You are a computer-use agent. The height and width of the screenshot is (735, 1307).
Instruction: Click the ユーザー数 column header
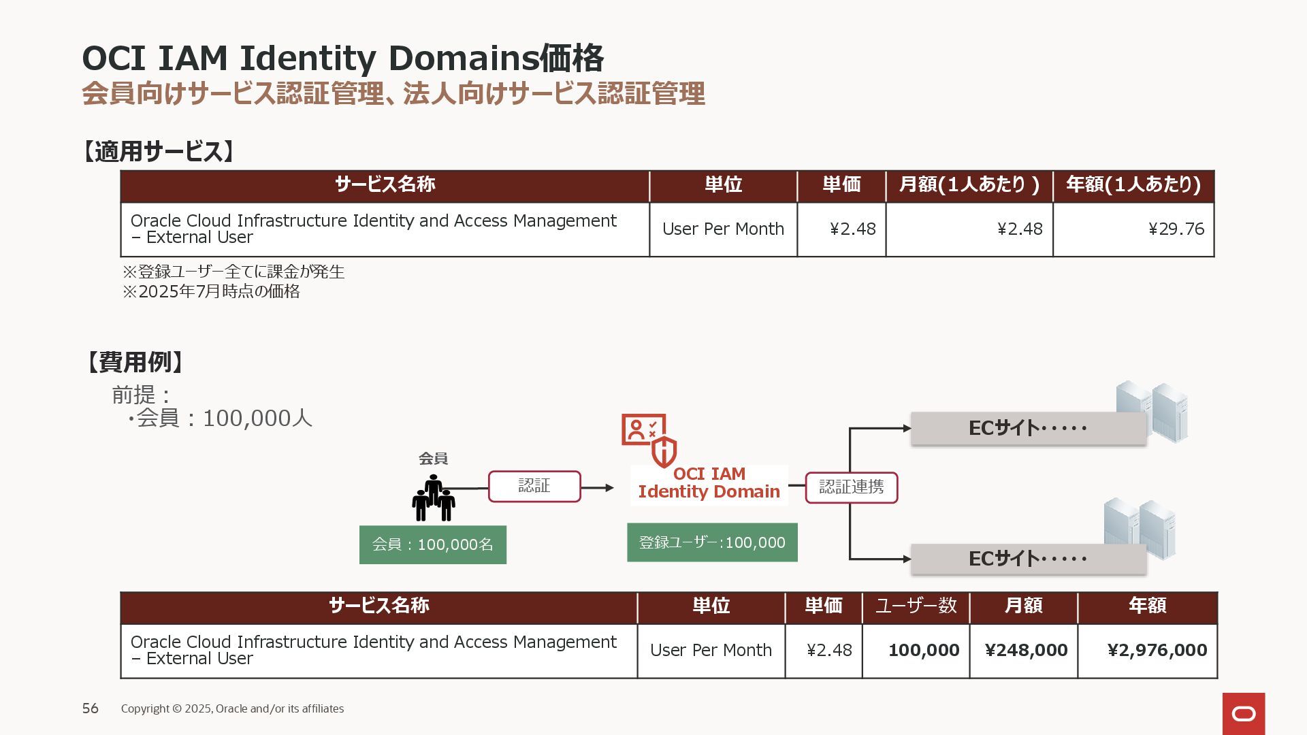tap(916, 606)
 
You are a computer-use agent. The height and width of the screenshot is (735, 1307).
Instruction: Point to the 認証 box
tap(534, 487)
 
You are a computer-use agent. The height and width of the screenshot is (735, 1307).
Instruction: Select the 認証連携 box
tap(851, 487)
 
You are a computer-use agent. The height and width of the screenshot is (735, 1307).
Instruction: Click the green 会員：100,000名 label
tap(433, 544)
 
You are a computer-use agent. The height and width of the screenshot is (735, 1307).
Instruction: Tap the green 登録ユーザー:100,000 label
tap(712, 542)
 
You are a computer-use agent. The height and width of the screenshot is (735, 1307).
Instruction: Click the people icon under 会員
tap(434, 499)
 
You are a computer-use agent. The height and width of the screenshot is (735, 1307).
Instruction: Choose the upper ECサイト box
tap(1028, 429)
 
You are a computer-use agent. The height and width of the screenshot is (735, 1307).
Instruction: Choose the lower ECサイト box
tap(1028, 559)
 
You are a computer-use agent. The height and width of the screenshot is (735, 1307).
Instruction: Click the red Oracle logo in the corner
tap(1244, 713)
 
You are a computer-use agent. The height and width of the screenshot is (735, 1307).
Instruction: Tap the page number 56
tap(91, 708)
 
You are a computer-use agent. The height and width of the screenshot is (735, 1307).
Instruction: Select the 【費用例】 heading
tap(134, 362)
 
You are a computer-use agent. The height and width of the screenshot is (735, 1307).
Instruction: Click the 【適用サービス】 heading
tap(159, 151)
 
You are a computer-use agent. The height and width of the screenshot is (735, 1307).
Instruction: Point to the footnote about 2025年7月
tap(211, 292)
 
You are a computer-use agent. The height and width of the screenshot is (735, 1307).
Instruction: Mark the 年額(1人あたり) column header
tap(1133, 185)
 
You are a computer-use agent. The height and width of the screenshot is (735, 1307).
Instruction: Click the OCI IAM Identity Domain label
tap(709, 483)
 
